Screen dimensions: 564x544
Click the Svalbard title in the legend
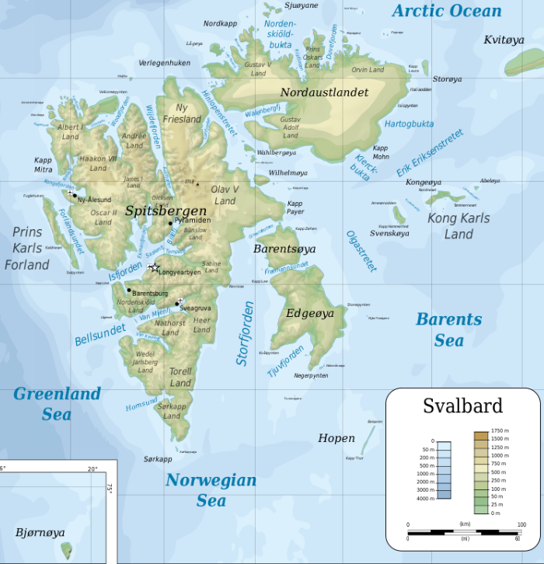click(462, 406)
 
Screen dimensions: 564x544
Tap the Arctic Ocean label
click(447, 11)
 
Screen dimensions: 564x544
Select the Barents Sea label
click(448, 329)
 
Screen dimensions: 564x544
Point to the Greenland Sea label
click(57, 403)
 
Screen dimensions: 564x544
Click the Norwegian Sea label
click(211, 489)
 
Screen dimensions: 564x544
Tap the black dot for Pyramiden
click(171, 223)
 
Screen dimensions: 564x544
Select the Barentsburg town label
click(151, 294)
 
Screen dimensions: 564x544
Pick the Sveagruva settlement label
click(196, 308)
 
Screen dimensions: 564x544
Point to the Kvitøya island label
click(504, 40)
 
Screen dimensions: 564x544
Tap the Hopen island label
click(336, 438)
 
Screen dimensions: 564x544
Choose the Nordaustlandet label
click(324, 92)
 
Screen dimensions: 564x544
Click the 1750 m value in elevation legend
click(498, 430)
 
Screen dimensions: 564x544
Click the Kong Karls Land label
click(459, 225)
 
